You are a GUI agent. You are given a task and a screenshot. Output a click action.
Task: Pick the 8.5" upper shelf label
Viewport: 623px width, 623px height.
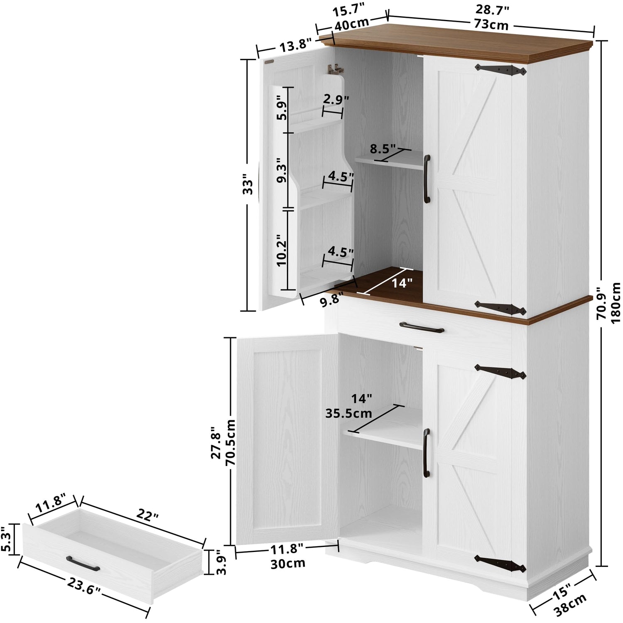(x=383, y=148)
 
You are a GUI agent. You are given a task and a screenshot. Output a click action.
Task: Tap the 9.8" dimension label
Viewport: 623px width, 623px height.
(x=332, y=300)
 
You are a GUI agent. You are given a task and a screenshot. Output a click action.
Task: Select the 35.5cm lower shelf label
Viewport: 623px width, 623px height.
(x=348, y=413)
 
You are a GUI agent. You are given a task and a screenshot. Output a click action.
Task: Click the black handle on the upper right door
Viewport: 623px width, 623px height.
(x=427, y=179)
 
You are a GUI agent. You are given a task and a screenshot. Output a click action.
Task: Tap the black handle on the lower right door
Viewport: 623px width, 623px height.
(x=426, y=453)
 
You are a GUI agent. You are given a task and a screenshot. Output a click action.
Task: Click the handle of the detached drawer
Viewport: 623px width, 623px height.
(x=83, y=563)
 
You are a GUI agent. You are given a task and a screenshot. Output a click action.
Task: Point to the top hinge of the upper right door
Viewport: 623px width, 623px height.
(x=501, y=69)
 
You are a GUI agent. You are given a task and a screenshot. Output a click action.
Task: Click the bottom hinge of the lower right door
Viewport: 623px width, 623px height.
(x=500, y=562)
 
